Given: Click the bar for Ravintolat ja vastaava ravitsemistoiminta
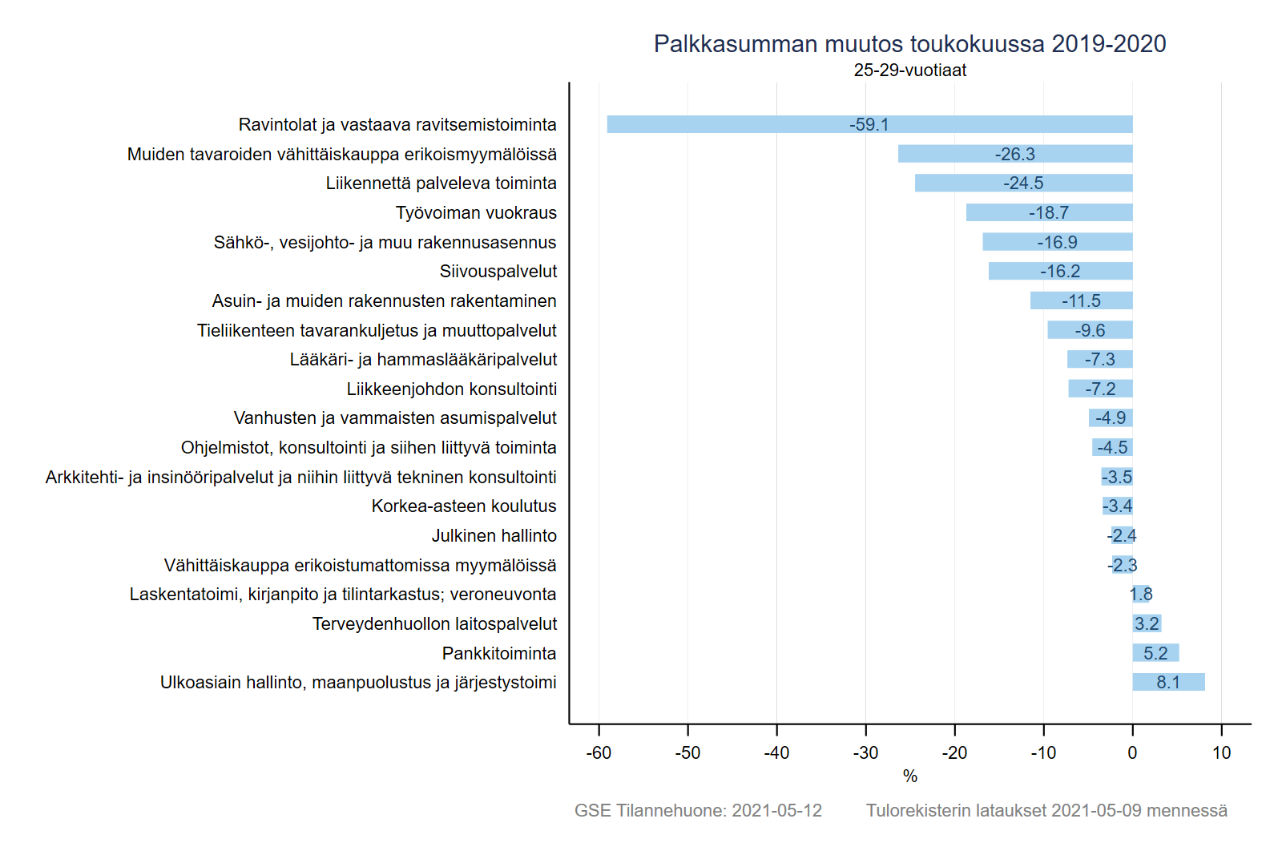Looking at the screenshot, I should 869,124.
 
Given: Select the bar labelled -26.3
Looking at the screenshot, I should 1014,154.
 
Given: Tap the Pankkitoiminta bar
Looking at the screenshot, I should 1155,653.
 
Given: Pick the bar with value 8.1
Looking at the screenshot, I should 1168,682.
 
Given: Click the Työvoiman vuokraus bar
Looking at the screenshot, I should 1049,212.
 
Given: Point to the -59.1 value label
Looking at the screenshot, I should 869,125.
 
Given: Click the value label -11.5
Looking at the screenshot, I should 1081,301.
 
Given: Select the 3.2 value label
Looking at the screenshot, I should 1147,624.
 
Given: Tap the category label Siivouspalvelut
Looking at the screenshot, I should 498,272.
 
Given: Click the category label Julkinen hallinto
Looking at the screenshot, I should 494,536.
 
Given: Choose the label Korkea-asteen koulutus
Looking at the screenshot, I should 463,506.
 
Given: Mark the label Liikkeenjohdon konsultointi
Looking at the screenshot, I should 451,389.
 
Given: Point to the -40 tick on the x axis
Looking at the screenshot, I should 776,753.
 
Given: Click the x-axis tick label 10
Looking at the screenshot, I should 1221,753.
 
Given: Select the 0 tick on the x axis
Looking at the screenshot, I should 1132,753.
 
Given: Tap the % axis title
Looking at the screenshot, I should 909,776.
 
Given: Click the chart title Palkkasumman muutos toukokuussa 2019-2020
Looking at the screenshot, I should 909,44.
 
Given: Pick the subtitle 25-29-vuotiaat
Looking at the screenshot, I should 909,71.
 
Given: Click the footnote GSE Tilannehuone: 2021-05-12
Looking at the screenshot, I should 698,811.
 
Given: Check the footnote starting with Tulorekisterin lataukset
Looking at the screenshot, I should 1046,811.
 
